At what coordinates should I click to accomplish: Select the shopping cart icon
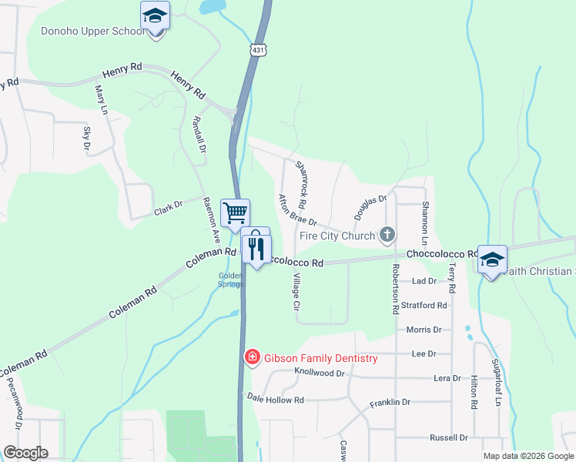235,211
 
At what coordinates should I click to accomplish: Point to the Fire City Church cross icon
387,234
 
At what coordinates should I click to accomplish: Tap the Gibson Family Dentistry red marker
251,357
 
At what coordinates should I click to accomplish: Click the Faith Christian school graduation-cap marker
491,259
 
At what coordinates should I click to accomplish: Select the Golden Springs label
231,280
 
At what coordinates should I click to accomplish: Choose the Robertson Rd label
395,289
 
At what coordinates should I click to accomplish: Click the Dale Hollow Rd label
276,399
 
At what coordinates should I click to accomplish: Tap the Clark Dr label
167,205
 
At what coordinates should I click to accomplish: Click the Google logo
25,453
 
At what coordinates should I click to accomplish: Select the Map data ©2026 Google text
528,456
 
